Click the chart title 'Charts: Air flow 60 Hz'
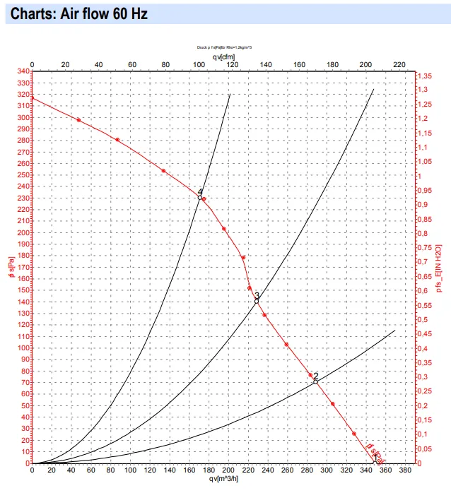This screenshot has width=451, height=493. click(x=79, y=13)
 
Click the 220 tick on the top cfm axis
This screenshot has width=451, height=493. click(x=399, y=64)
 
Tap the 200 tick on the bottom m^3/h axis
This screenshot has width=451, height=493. click(x=227, y=470)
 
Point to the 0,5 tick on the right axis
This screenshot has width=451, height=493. click(x=423, y=320)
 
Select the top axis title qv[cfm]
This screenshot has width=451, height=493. click(x=223, y=57)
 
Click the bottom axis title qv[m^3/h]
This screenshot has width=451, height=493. click(x=223, y=479)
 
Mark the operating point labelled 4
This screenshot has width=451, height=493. click(x=200, y=198)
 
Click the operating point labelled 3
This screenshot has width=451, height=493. click(x=257, y=301)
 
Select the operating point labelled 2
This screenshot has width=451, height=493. click(x=315, y=381)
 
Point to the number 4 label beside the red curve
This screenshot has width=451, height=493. click(x=200, y=192)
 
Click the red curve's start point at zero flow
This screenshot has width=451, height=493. click(x=33, y=97)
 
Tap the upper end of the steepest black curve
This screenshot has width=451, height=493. click(x=230, y=94)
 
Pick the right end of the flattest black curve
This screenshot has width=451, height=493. click(x=394, y=331)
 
